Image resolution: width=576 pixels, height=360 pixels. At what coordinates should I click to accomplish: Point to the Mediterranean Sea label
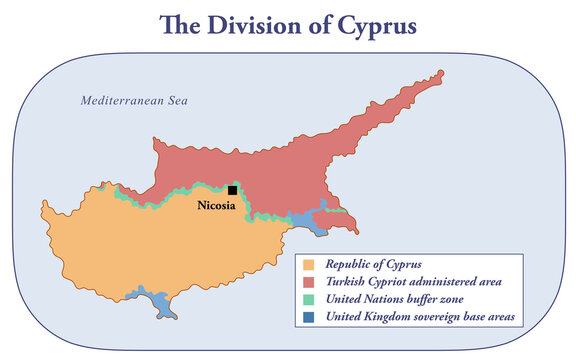tap(134, 101)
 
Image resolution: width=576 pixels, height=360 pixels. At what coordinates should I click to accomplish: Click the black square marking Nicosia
tap(233, 190)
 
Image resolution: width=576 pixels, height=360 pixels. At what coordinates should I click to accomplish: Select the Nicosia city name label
tap(215, 206)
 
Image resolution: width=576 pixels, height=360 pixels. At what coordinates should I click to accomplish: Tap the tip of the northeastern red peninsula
tap(439, 75)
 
